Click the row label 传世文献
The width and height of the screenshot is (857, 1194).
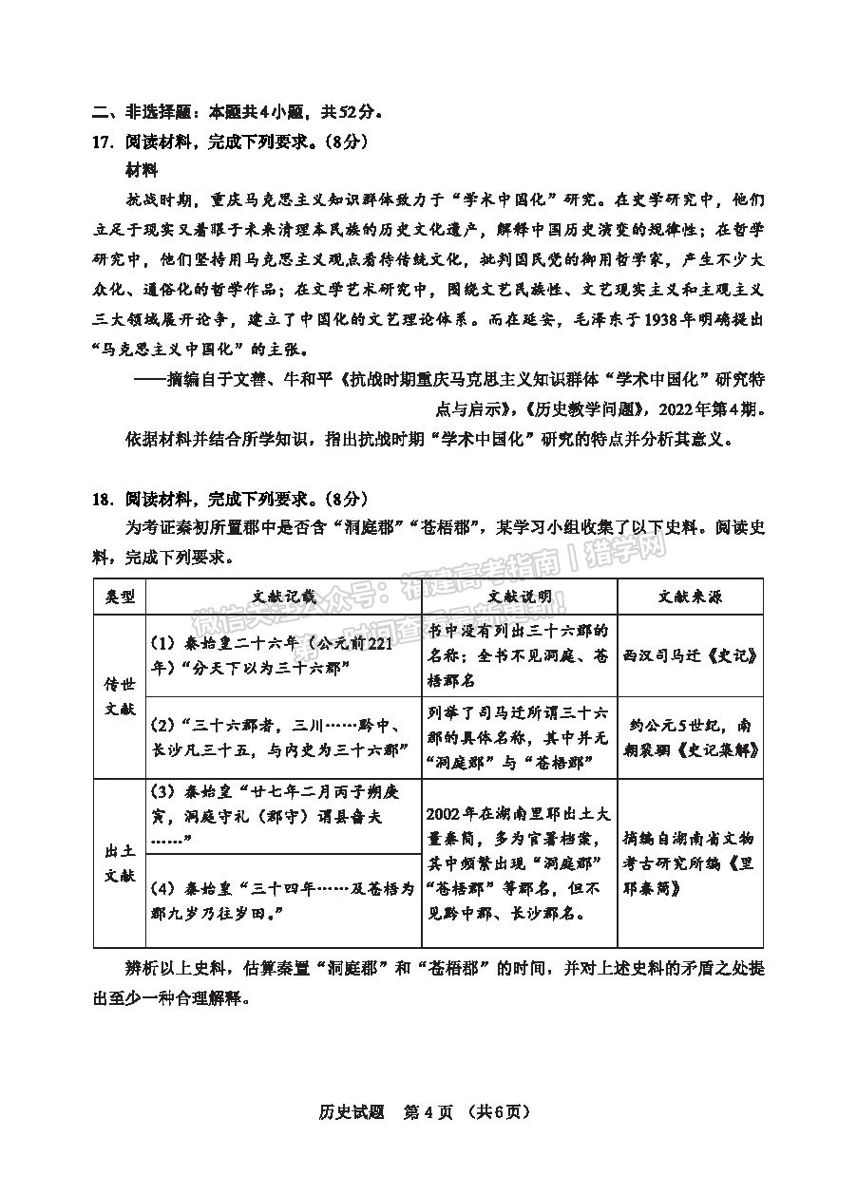click(x=120, y=696)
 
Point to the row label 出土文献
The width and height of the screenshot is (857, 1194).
click(x=120, y=863)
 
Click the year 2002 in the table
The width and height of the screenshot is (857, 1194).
click(x=448, y=813)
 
